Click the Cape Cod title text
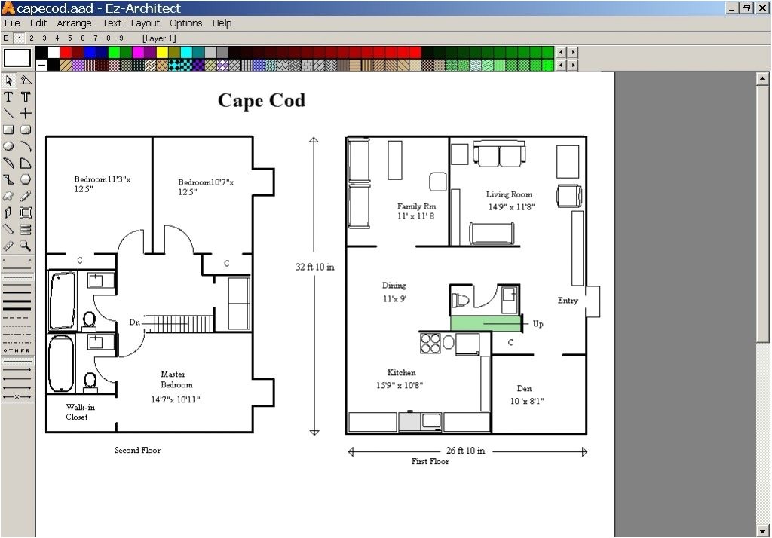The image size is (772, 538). click(x=261, y=100)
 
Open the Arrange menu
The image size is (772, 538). click(x=74, y=23)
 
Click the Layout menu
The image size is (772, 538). click(x=146, y=23)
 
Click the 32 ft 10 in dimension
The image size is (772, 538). click(x=314, y=267)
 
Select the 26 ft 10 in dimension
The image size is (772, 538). click(x=465, y=451)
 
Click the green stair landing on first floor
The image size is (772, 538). click(x=486, y=323)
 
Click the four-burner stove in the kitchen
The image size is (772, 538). click(x=430, y=343)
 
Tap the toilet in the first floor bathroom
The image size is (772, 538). click(x=461, y=300)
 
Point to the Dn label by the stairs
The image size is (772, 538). click(x=134, y=322)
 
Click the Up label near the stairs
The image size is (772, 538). click(x=538, y=324)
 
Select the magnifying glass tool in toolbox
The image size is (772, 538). click(x=25, y=245)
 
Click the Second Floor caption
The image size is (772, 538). click(x=137, y=450)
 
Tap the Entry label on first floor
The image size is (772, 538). click(x=568, y=300)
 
